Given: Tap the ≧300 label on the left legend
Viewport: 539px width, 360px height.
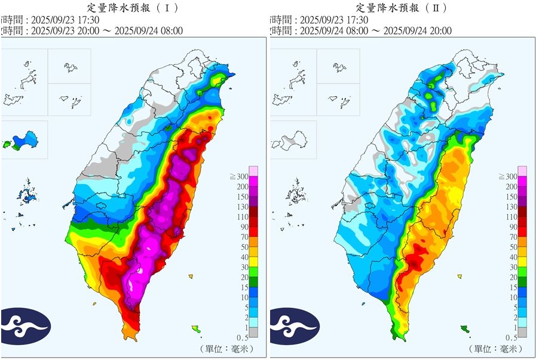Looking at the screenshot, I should tap(239, 177).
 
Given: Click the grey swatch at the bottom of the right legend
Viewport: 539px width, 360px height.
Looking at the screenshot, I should tap(523, 332).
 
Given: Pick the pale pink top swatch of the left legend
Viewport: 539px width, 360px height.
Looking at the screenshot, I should tap(254, 171).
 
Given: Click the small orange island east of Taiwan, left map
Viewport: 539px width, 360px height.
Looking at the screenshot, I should tap(191, 276).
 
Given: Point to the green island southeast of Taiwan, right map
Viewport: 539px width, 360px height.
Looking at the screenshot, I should tap(465, 328).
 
